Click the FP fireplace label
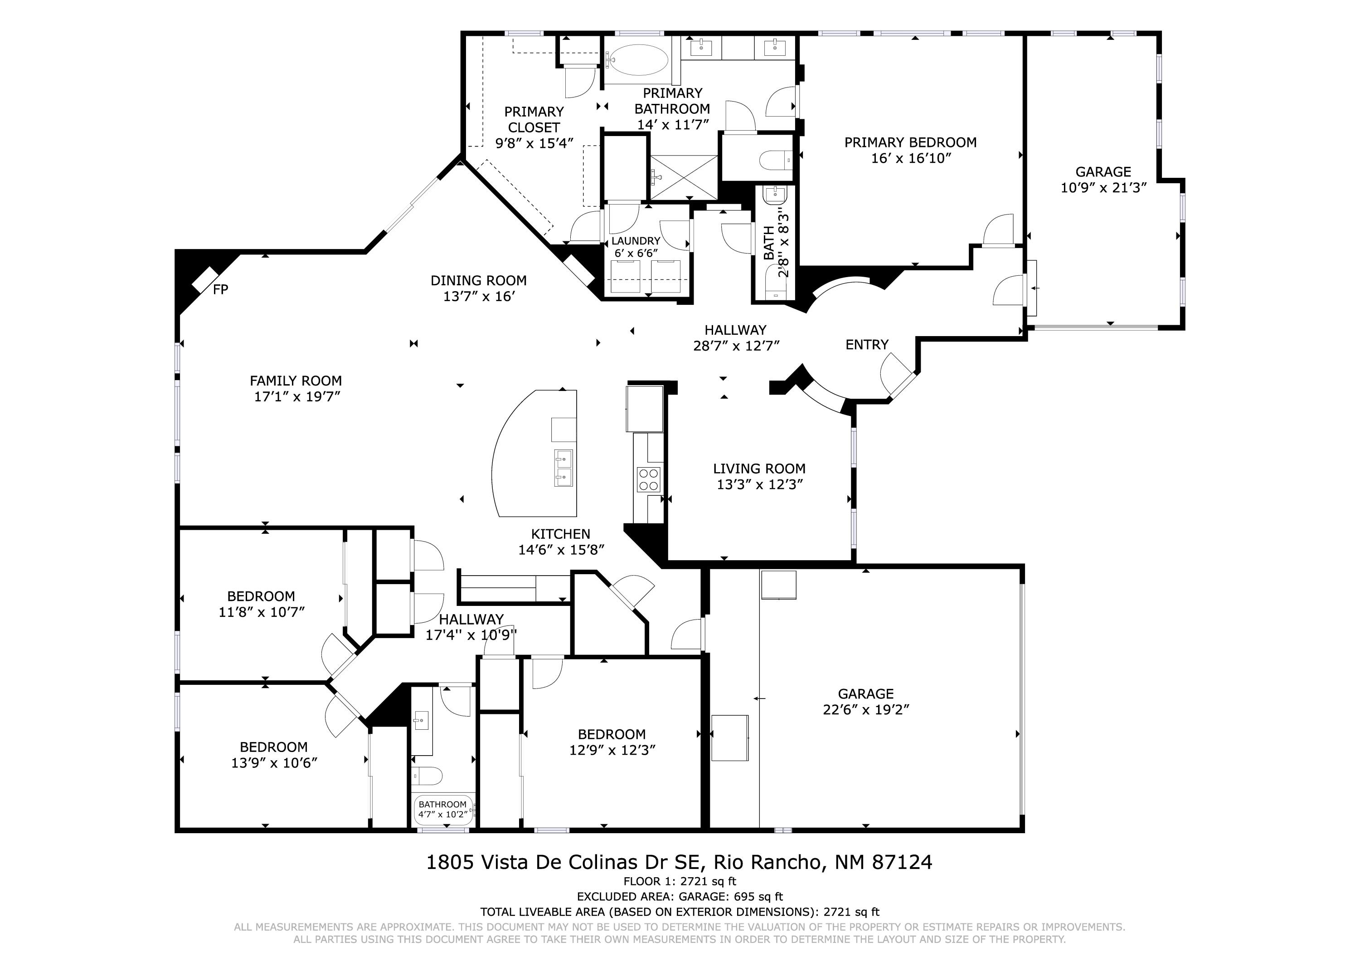[x=220, y=290]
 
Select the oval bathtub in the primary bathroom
[x=639, y=60]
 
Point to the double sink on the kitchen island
[x=563, y=468]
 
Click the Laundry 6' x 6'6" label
[x=636, y=247]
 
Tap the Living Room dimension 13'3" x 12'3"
[x=759, y=485]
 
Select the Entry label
[x=867, y=345]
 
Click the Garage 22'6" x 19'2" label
[x=865, y=702]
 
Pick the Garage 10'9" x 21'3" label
[x=1103, y=180]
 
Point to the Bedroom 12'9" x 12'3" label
[x=612, y=742]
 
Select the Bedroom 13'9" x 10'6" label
[x=274, y=755]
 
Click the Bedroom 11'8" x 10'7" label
[x=261, y=604]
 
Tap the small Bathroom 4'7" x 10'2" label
[x=442, y=809]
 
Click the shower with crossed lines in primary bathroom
[x=684, y=176]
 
